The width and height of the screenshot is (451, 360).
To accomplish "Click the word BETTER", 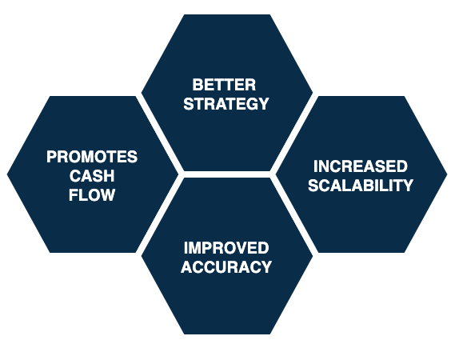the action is tap(224, 85).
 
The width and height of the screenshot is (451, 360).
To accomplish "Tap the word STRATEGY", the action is tap(226, 103).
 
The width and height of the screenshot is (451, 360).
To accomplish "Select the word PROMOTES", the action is tap(92, 157).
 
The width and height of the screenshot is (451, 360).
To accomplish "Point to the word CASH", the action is tap(92, 176).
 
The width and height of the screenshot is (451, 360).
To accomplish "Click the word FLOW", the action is tap(92, 195).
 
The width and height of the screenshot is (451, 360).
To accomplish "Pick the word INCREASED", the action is tap(361, 166).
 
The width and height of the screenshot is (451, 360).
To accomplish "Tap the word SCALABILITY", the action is tap(361, 186).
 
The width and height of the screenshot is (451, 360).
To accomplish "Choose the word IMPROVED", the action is tap(226, 248).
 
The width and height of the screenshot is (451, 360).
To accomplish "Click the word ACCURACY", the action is tap(226, 266).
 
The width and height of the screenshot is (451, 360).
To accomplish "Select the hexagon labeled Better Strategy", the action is tap(227, 93).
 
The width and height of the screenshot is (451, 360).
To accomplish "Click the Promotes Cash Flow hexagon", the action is tap(93, 174).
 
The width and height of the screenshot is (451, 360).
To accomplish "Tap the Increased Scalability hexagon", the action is tap(361, 174).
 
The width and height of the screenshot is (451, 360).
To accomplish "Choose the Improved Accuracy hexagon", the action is tap(227, 256).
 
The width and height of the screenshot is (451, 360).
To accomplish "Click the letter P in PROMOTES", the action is tap(52, 157).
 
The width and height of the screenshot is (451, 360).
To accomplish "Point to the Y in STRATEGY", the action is tap(263, 103).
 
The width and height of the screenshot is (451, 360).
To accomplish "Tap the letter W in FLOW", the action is tap(108, 195).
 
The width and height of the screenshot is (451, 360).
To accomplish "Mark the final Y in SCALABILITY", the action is tap(408, 186).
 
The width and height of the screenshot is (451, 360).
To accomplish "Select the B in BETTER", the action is tap(198, 85).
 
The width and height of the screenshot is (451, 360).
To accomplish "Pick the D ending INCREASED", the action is tap(402, 166).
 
